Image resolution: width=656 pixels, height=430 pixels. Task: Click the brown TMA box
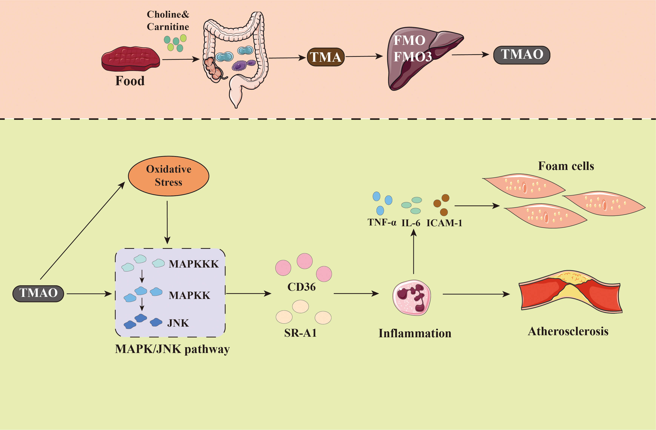pos(325,57)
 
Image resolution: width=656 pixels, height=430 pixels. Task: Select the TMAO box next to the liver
pos(522,55)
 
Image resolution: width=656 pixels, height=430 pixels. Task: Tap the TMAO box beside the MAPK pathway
pos(38,293)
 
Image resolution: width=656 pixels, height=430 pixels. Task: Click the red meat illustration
pos(130,59)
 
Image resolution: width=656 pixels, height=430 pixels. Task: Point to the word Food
pos(130,81)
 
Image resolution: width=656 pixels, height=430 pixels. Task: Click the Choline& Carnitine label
pos(168,20)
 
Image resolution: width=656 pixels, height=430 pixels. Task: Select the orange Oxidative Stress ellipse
pos(168,176)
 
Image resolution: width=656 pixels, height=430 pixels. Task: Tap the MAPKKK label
pos(193,264)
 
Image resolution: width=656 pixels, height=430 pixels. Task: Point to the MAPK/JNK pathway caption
pos(172,349)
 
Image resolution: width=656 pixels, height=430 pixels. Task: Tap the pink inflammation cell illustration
pos(411,298)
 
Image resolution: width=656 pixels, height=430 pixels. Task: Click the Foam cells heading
pos(566,166)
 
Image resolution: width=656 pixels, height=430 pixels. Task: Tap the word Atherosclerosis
pos(568,331)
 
